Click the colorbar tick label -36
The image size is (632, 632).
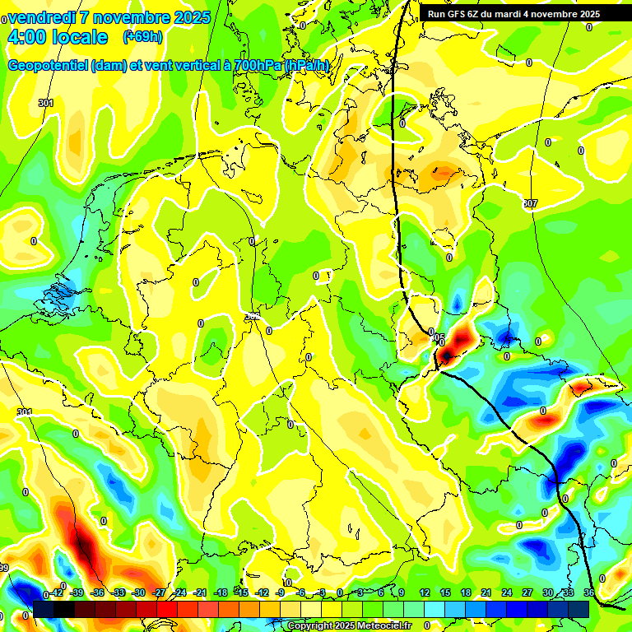point(97,593)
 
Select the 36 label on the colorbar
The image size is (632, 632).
point(589,593)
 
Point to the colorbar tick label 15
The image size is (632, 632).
point(444,593)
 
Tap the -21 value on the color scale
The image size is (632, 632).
point(200,593)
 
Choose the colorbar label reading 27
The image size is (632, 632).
point(527,593)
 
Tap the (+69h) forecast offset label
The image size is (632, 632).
point(142,37)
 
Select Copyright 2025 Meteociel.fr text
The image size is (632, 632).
point(349,626)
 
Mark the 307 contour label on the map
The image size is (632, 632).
point(529,203)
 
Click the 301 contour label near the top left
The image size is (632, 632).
point(46,103)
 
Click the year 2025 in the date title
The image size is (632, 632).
point(191,17)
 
